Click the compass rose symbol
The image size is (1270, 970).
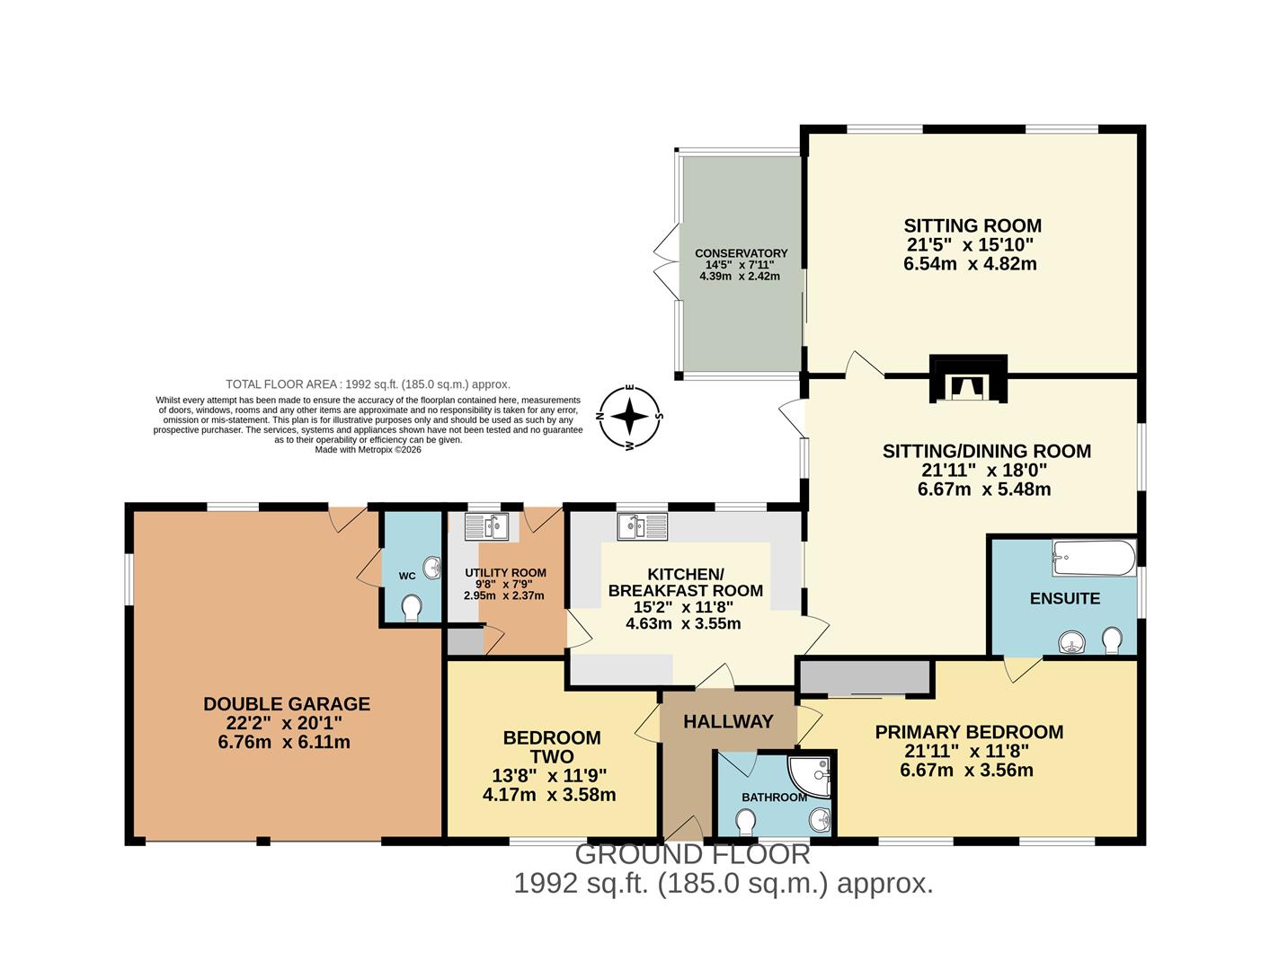[x=630, y=416]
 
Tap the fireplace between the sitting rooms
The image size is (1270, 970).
[x=968, y=380]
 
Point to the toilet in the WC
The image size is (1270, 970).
[x=412, y=608]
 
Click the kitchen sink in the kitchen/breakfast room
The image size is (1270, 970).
[x=643, y=525]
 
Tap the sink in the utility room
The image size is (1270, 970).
[x=487, y=525]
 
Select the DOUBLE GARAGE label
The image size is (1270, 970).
[x=286, y=704]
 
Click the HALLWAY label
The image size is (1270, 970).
[x=728, y=721]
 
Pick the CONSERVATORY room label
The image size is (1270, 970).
[x=741, y=253]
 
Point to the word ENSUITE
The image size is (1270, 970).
[x=1064, y=598]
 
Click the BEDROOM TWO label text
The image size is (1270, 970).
[x=551, y=746]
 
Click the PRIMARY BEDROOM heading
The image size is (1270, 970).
[x=969, y=732]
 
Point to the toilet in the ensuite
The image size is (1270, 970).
[x=1112, y=640]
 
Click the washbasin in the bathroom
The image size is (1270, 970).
[x=820, y=819]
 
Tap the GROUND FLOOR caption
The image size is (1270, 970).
[x=692, y=853]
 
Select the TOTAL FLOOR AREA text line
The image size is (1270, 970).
[x=368, y=384]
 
